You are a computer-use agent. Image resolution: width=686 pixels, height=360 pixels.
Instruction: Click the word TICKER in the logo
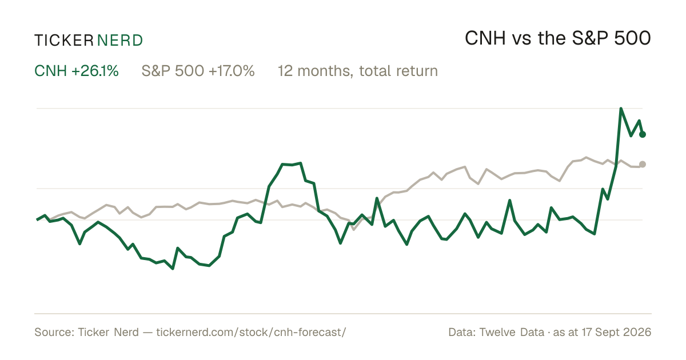pos(64,41)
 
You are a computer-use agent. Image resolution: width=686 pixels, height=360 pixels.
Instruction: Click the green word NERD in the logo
pos(119,41)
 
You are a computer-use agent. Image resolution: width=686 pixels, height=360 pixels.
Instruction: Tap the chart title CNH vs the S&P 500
pos(558,38)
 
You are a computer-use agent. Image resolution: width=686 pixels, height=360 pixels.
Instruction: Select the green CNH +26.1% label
pos(76,71)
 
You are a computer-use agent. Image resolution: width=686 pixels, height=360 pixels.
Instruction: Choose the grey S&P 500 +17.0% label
pos(198,71)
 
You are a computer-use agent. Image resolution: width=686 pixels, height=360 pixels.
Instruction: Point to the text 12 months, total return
pos(358,71)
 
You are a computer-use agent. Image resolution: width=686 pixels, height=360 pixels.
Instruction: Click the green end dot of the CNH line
pos(643,134)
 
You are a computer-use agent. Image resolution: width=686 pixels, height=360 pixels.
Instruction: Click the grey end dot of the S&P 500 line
pos(643,165)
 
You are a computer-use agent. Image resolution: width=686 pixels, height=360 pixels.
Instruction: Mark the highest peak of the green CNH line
pos(621,109)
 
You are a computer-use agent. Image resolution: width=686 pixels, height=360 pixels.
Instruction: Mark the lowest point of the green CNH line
pos(173,269)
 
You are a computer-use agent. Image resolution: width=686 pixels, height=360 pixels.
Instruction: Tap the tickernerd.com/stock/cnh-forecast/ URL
pos(251,332)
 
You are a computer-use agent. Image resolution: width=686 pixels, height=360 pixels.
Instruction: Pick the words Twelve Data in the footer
pos(512,332)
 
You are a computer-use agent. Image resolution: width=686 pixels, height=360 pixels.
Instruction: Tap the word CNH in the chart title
pos(485,38)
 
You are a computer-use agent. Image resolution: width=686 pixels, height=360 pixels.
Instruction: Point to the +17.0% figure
pos(232,71)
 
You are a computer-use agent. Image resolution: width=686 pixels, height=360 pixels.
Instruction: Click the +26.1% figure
pos(95,71)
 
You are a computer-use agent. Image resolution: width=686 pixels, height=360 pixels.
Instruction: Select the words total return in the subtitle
pos(398,71)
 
